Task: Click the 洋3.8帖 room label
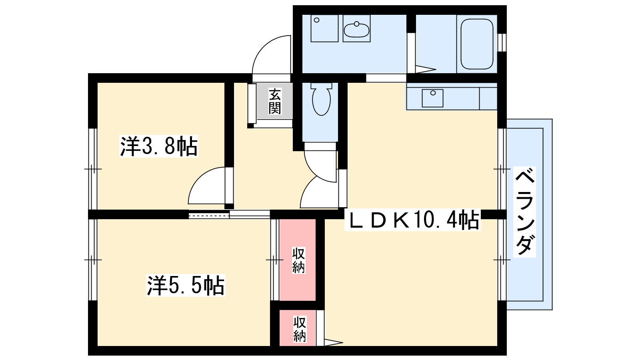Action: point(158,146)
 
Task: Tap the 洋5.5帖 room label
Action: point(186,285)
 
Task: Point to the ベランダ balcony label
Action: point(524,212)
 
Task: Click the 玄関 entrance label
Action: point(274,101)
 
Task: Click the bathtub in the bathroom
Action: point(477,44)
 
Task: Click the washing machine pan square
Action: point(324,28)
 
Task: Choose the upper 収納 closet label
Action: point(298,260)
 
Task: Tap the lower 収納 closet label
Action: point(300,329)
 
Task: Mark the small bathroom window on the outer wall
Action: point(502,42)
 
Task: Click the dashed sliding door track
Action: point(209,214)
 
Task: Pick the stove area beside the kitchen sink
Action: point(488,98)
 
